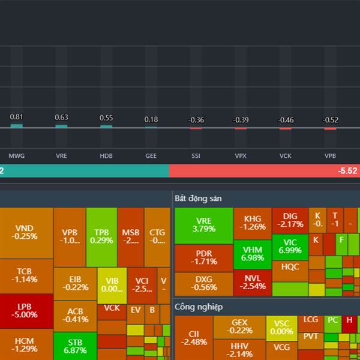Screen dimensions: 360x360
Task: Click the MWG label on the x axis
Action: point(16,155)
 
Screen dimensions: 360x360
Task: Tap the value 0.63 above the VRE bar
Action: point(61,118)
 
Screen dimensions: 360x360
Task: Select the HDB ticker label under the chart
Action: point(106,155)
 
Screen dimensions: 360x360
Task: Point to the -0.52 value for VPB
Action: point(331,120)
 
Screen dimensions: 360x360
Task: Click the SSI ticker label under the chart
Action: point(196,155)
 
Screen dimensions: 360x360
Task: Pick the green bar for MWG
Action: point(17,126)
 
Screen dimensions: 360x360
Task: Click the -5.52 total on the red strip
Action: point(347,171)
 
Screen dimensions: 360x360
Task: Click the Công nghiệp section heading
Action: point(199,307)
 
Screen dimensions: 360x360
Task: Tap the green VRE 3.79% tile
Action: point(203,225)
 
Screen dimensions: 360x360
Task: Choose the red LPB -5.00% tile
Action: point(26,310)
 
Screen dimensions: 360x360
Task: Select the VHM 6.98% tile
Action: point(253,253)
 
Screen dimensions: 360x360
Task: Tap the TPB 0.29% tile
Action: point(101,236)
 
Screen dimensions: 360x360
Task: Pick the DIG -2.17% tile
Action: point(290,220)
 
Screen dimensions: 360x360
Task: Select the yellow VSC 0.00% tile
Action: point(281,328)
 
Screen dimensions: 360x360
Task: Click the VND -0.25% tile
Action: point(26,232)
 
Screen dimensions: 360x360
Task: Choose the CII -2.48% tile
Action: point(193,338)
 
